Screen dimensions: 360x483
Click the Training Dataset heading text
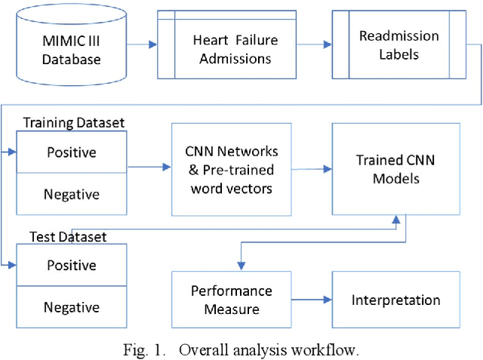[74, 122]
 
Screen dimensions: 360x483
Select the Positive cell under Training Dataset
[72, 152]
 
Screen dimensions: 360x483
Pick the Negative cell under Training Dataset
[72, 194]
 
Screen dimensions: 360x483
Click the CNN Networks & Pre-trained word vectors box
[232, 169]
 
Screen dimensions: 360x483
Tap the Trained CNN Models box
[395, 170]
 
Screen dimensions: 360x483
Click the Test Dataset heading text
[67, 236]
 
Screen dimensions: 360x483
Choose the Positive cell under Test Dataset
[72, 265]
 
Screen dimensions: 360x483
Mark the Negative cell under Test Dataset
[72, 307]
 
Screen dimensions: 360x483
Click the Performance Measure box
[231, 300]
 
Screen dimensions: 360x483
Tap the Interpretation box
[395, 300]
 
